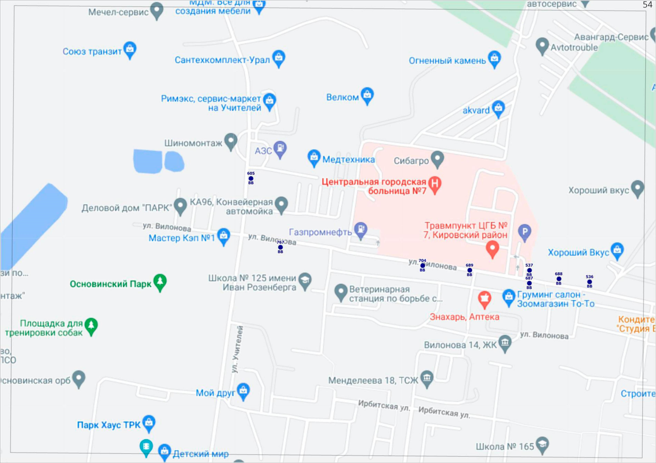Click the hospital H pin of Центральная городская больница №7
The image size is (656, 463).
pyautogui.click(x=435, y=184)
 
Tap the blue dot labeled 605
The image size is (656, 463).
pyautogui.click(x=251, y=178)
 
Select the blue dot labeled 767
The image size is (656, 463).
pyautogui.click(x=280, y=247)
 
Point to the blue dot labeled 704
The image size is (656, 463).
pyautogui.click(x=423, y=265)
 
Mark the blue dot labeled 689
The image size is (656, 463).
pyautogui.click(x=469, y=270)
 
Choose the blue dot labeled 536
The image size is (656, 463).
pyautogui.click(x=590, y=282)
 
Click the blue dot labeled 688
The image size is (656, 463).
pyautogui.click(x=559, y=279)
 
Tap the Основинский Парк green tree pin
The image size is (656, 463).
pyautogui.click(x=160, y=282)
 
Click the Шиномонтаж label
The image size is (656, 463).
pyautogui.click(x=193, y=143)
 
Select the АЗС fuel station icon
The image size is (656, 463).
pyautogui.click(x=280, y=148)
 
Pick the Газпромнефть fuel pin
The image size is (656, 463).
pyautogui.click(x=361, y=230)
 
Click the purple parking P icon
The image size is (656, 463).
pyautogui.click(x=525, y=232)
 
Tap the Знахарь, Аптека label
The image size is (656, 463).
pyautogui.click(x=464, y=317)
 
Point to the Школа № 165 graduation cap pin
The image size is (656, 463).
pyautogui.click(x=542, y=444)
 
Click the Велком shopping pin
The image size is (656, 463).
pyautogui.click(x=367, y=95)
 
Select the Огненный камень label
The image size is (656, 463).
pyautogui.click(x=447, y=61)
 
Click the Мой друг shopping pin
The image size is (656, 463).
pyautogui.click(x=243, y=391)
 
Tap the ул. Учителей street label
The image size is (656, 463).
pyautogui.click(x=237, y=350)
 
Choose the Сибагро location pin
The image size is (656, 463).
pyautogui.click(x=437, y=159)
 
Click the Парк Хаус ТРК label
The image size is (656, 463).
pyautogui.click(x=109, y=425)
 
